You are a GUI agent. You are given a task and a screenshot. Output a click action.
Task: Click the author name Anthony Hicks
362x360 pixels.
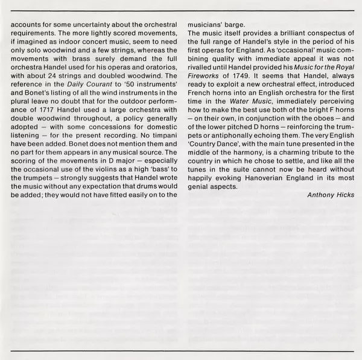(331, 195)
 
